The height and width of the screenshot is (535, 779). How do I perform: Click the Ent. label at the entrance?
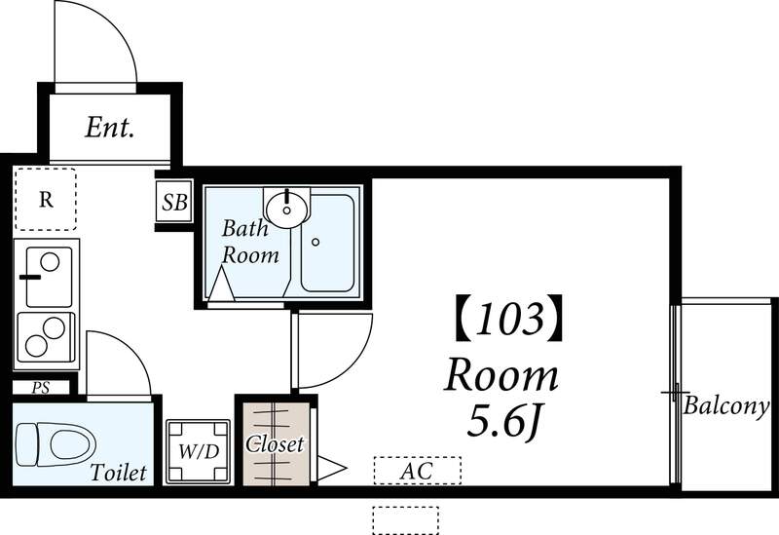109,127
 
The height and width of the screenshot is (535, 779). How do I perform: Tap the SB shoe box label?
175,203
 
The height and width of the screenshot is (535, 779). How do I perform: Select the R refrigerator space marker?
45,201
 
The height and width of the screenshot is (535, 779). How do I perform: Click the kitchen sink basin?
48,277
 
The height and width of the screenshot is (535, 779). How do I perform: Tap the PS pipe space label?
40,387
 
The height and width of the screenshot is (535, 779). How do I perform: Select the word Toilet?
118,474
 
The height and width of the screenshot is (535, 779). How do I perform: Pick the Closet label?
275,444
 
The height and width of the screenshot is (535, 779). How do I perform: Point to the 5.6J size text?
503,421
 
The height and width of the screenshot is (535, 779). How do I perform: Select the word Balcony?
726,405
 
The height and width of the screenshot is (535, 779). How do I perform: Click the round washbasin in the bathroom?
287,207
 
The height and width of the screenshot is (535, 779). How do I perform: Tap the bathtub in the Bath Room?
327,244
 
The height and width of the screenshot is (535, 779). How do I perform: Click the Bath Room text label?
250,243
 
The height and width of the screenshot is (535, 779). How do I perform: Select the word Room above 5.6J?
502,375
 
